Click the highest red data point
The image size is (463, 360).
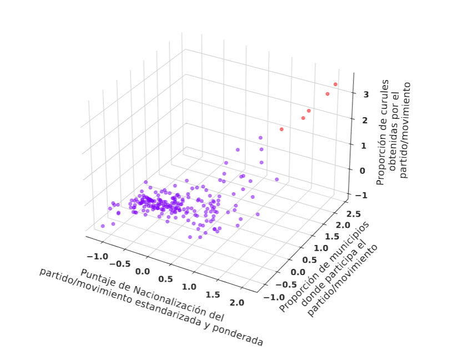[x=335, y=84]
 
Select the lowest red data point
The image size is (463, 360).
[x=281, y=129]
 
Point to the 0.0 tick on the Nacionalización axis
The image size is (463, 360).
[x=143, y=272]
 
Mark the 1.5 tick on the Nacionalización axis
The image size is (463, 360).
[x=213, y=294]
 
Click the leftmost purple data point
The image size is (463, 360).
[x=103, y=226]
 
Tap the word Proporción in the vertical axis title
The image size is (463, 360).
[x=381, y=162]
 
